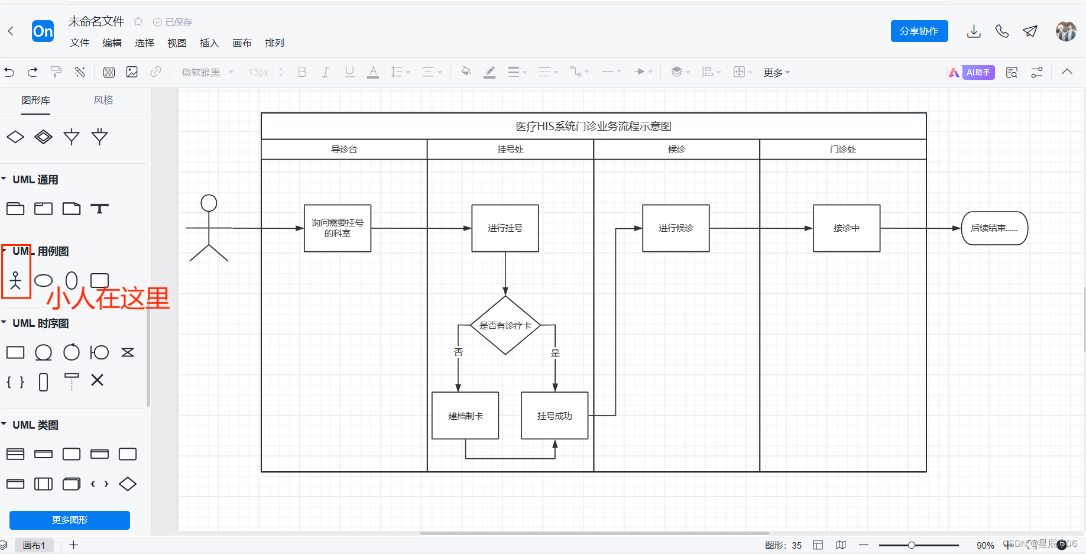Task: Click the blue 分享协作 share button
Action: click(919, 31)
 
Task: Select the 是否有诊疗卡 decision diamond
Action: click(505, 325)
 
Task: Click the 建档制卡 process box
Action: click(465, 416)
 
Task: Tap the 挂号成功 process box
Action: click(554, 416)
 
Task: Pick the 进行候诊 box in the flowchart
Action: click(676, 228)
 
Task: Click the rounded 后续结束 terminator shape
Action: click(994, 228)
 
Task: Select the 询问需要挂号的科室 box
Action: click(337, 228)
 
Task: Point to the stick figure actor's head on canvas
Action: click(209, 203)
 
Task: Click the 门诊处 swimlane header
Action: click(842, 150)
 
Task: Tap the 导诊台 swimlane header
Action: click(344, 150)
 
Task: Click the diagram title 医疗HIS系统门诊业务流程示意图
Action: click(593, 126)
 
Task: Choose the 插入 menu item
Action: click(209, 43)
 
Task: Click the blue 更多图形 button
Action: click(70, 520)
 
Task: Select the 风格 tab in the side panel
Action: click(103, 101)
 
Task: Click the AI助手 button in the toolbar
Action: click(971, 72)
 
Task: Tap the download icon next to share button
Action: click(974, 31)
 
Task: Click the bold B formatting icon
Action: click(302, 72)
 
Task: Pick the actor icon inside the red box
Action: click(15, 280)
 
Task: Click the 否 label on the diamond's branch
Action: click(458, 352)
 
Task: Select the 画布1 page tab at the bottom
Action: click(34, 545)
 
